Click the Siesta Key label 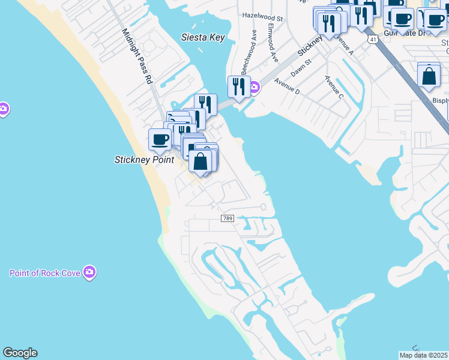(x=203, y=37)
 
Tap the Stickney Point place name (x=144, y=160)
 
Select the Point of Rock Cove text (x=45, y=273)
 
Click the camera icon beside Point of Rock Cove (x=90, y=272)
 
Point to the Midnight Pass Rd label (x=137, y=55)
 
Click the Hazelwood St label (x=262, y=15)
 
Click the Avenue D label (x=287, y=86)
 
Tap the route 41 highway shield (x=373, y=39)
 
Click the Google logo (x=20, y=353)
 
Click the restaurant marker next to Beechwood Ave (x=238, y=87)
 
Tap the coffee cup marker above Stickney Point (x=160, y=140)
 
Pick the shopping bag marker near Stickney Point (x=200, y=160)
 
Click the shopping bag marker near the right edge (x=429, y=76)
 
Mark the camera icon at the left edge (x=3, y=109)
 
